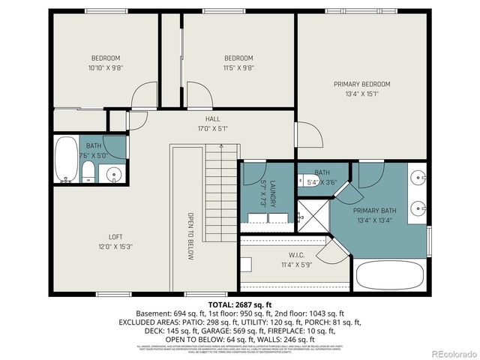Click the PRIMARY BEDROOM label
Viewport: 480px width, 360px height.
pyautogui.click(x=362, y=84)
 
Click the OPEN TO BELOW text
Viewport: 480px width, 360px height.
pyautogui.click(x=190, y=236)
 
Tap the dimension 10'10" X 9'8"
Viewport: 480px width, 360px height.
pyautogui.click(x=106, y=67)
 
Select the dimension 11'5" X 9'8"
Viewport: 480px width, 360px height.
pyautogui.click(x=238, y=67)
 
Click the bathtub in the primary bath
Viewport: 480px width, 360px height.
pyautogui.click(x=390, y=276)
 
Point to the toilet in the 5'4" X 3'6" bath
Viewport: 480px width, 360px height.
pyautogui.click(x=307, y=181)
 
